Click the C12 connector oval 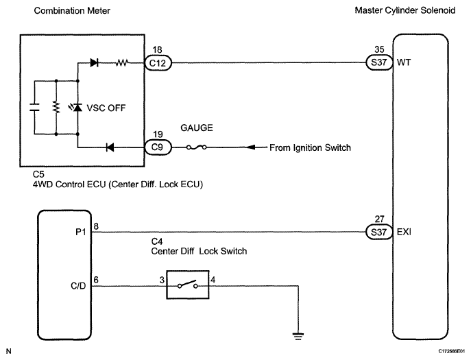158,63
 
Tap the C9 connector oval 158,147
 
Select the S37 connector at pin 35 379,62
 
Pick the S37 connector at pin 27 379,232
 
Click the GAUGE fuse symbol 197,147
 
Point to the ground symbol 298,336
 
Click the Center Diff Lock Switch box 188,285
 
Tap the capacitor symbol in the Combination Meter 34,107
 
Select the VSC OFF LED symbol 76,107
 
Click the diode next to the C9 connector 110,147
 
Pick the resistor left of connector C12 122,63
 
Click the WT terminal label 403,62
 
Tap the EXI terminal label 404,232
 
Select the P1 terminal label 81,232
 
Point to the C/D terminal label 78,286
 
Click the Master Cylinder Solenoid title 405,10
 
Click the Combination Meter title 72,11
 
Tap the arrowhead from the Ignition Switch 251,147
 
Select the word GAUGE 197,128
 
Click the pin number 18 157,49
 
